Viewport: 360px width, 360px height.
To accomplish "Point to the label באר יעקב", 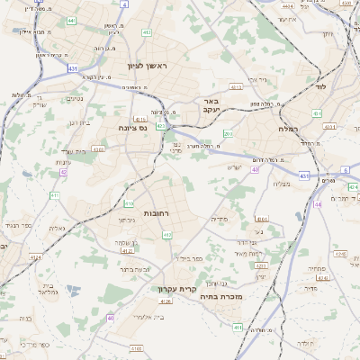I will pyautogui.click(x=211, y=105).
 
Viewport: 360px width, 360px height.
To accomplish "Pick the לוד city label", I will pyautogui.click(x=324, y=87).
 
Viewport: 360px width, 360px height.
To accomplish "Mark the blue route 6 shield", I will pyautogui.click(x=345, y=170).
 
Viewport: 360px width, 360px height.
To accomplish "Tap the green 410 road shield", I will pyautogui.click(x=129, y=203).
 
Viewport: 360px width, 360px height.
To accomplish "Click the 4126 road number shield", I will pyautogui.click(x=165, y=301).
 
